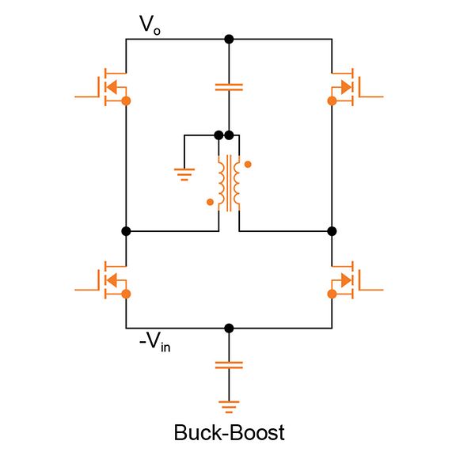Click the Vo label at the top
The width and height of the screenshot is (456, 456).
(x=150, y=25)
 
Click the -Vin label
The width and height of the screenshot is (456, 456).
(x=154, y=344)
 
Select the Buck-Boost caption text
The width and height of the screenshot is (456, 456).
(x=229, y=432)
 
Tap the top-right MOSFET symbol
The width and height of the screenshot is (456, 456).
(x=348, y=85)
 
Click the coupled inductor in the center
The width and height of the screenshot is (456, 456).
(x=229, y=183)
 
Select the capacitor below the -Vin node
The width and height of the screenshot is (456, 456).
(x=229, y=365)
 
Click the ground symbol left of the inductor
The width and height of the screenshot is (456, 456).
(x=184, y=173)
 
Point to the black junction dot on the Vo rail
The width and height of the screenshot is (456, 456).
(x=229, y=39)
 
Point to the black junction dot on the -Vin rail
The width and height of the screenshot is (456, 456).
(x=229, y=328)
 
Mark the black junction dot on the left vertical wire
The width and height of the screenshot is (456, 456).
(x=126, y=231)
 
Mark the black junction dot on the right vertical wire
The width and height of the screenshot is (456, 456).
(x=332, y=231)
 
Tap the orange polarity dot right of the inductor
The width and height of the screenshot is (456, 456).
(x=248, y=165)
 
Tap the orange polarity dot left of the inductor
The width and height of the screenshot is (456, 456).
(x=210, y=202)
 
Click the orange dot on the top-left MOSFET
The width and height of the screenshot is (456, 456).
(x=126, y=101)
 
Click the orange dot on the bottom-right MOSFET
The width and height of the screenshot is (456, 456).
(x=332, y=294)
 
